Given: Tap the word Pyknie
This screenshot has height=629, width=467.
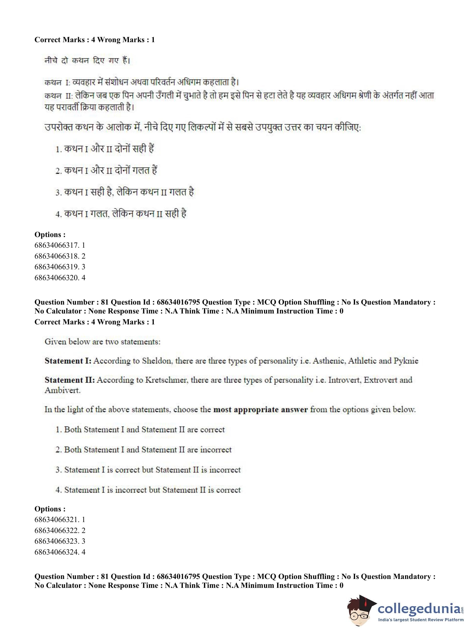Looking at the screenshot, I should [406, 360].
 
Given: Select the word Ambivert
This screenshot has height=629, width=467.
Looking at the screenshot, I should [63, 390].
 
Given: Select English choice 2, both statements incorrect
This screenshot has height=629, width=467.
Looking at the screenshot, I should [144, 449].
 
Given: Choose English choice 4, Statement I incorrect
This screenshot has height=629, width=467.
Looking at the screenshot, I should [148, 490].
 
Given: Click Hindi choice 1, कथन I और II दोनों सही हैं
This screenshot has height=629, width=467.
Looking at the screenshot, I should [105, 149].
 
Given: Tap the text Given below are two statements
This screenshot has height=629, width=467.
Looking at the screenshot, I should [102, 342].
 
